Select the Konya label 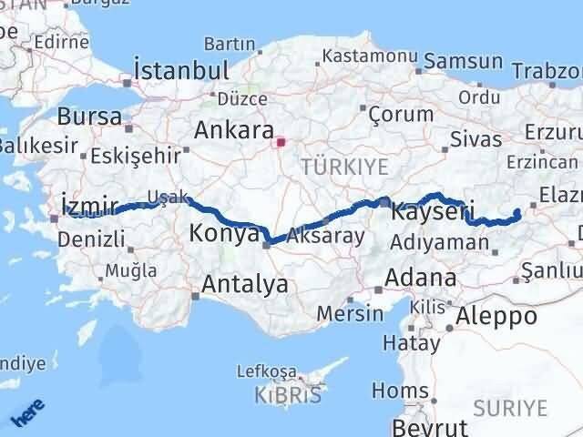224,233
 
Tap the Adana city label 421,277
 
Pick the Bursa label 88,116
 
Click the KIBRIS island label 291,395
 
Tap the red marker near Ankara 281,141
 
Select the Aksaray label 325,236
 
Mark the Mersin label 350,312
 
